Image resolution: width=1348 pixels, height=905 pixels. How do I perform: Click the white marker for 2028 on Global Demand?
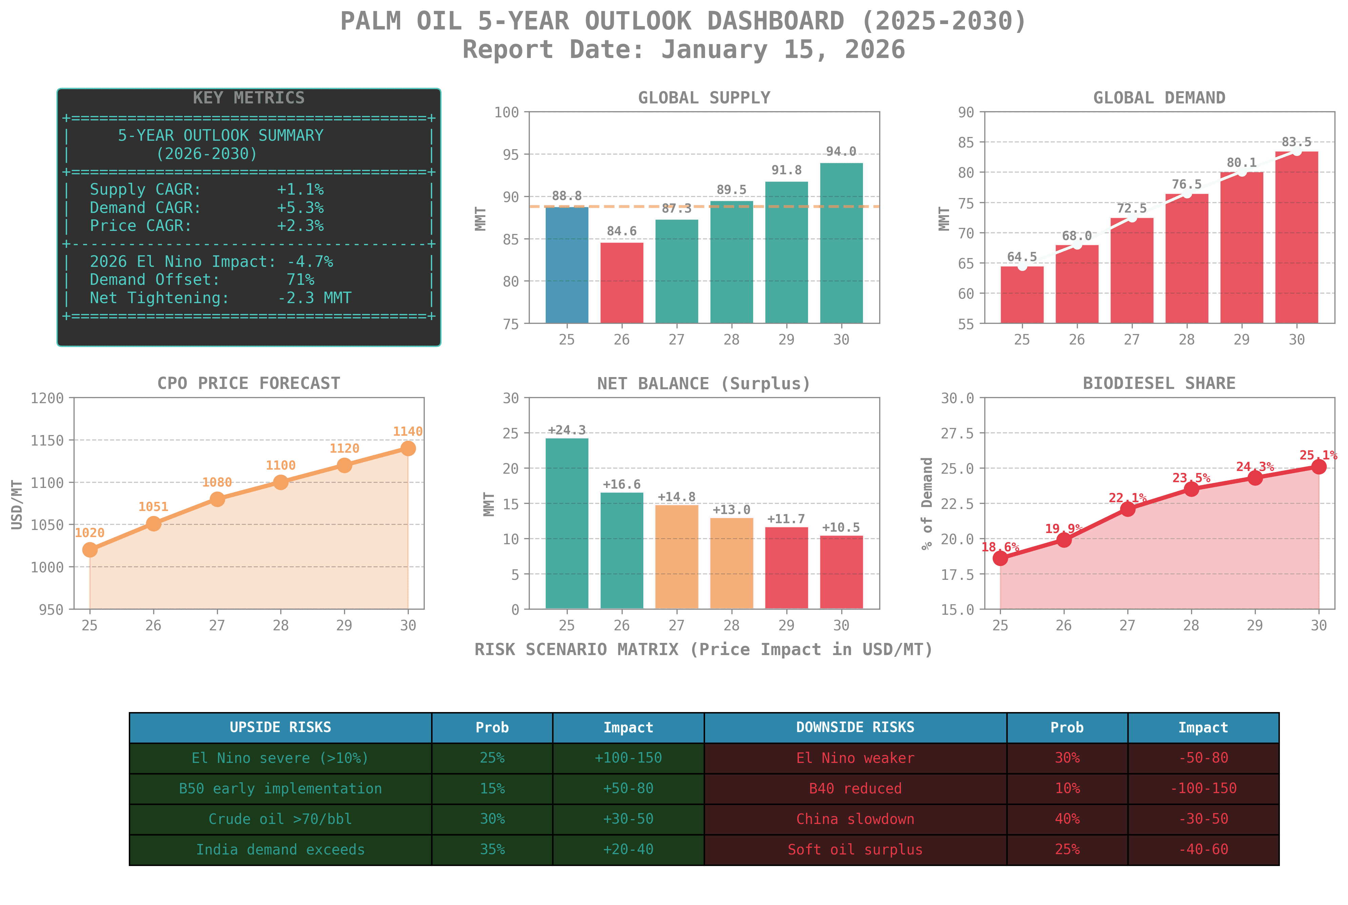tap(1187, 193)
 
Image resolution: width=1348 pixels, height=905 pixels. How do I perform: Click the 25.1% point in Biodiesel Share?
tap(1319, 466)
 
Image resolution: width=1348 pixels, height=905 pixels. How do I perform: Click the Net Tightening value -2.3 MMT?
tap(314, 298)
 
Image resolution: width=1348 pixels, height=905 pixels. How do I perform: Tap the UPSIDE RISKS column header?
tap(280, 727)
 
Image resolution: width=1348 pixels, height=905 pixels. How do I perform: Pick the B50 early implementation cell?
tap(280, 788)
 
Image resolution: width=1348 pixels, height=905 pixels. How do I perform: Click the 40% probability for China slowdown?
tap(1067, 819)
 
